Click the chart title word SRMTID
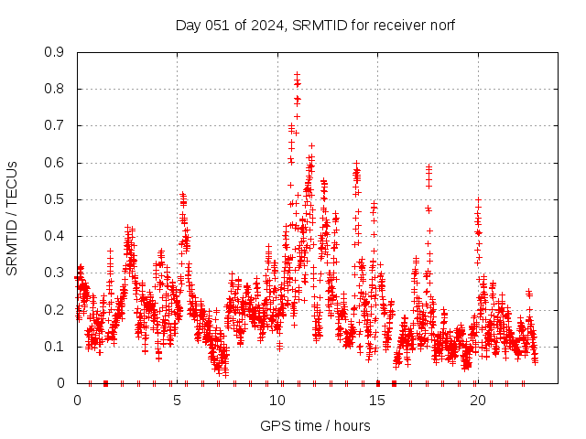pos(319,25)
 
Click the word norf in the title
pos(440,25)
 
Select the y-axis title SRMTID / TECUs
pos(12,218)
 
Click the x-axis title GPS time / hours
pos(315,425)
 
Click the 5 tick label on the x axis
pos(178,400)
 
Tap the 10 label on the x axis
pos(277,400)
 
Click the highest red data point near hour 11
pos(297,74)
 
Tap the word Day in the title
pos(188,25)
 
